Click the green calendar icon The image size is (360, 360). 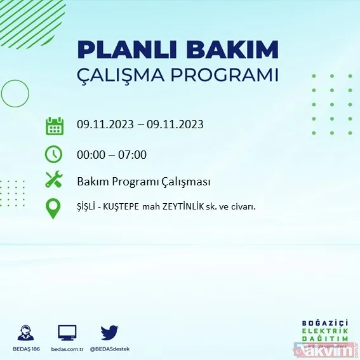tap(55, 125)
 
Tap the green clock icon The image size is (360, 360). tap(55, 154)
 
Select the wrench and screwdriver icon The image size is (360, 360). tap(55, 180)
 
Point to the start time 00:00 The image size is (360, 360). tap(91, 154)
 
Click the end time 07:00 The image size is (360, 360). tap(132, 154)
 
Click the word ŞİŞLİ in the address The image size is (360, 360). tap(89, 206)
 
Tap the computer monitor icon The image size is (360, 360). tap(67, 332)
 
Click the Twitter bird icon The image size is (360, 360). tap(109, 332)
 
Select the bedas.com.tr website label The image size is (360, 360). tap(67, 349)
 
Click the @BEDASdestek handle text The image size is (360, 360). tap(109, 349)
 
